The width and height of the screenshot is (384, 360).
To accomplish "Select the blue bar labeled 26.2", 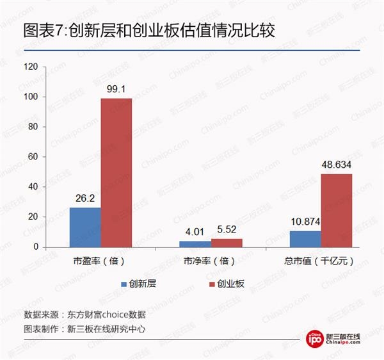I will (85, 227).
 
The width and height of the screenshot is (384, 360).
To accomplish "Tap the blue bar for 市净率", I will (195, 243).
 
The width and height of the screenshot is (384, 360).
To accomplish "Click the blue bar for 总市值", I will (305, 238).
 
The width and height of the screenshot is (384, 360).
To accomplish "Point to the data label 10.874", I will (305, 222).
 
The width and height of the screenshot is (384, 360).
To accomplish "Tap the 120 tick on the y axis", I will (31, 67).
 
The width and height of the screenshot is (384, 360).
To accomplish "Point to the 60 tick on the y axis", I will (33, 156).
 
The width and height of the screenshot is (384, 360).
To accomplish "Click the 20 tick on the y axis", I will (33, 217).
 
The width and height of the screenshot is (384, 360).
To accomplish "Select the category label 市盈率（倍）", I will (99, 261).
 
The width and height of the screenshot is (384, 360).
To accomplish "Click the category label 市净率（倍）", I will (210, 261).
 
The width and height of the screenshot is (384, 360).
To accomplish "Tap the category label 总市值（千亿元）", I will (319, 261).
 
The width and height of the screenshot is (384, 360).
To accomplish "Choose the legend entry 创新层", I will (137, 282).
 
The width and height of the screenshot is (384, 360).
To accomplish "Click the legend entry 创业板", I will (227, 282).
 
